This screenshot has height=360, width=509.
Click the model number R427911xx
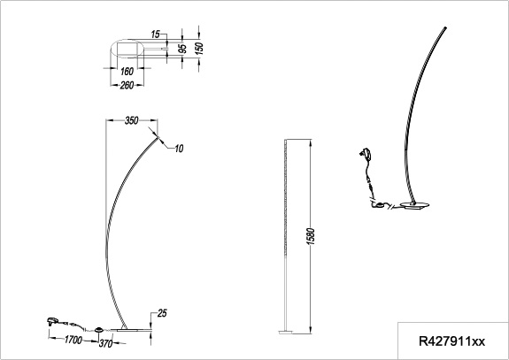pyautogui.click(x=452, y=341)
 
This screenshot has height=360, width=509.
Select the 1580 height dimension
pyautogui.click(x=311, y=236)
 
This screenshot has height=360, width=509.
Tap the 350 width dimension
pyautogui.click(x=132, y=120)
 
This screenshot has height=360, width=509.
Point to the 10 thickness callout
pyautogui.click(x=179, y=149)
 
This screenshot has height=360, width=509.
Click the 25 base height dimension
pyautogui.click(x=162, y=313)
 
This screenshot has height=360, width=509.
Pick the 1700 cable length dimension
pyautogui.click(x=73, y=340)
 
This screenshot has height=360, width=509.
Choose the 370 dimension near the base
pyautogui.click(x=105, y=343)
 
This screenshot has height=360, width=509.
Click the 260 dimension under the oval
pyautogui.click(x=127, y=85)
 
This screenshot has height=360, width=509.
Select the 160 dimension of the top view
pyautogui.click(x=127, y=71)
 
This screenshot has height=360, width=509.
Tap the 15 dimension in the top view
pyautogui.click(x=156, y=34)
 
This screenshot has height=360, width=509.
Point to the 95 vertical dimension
pyautogui.click(x=183, y=49)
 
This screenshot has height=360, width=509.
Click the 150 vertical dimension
pyautogui.click(x=200, y=48)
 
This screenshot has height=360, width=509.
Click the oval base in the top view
pyautogui.click(x=127, y=49)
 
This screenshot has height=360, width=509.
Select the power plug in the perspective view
pyautogui.click(x=366, y=153)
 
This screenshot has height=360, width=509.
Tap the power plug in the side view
pyautogui.click(x=52, y=321)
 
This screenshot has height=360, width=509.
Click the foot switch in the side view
pyautogui.click(x=98, y=330)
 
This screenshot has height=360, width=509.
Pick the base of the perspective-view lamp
pyautogui.click(x=414, y=205)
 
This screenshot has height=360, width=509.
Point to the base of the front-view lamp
pyautogui.click(x=285, y=332)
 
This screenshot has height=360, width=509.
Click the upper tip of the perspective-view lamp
pyautogui.click(x=445, y=28)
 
